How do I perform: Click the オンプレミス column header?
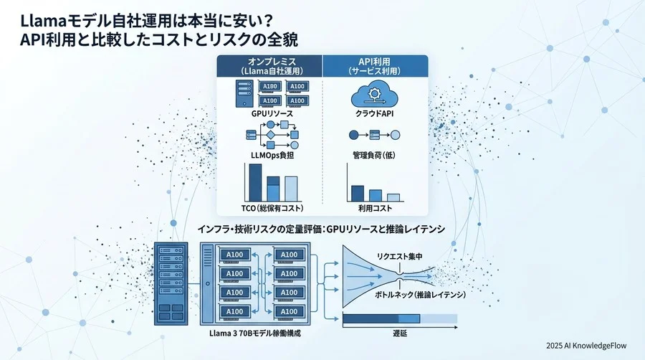click(269, 67)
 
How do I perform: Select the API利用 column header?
click(376, 67)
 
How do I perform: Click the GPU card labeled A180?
click(270, 87)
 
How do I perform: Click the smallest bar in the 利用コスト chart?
click(393, 197)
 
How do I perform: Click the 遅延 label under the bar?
click(399, 333)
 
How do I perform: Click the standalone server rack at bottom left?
click(171, 281)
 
